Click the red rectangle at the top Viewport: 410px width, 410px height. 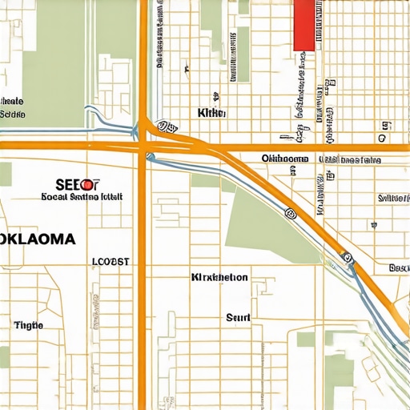click(x=304, y=24)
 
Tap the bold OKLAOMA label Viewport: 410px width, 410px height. click(x=38, y=239)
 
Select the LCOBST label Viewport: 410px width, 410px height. click(x=111, y=261)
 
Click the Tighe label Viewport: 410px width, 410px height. click(x=28, y=325)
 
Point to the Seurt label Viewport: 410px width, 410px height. click(x=238, y=318)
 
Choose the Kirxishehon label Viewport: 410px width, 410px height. click(x=219, y=277)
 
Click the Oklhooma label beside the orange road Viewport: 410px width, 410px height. click(x=284, y=159)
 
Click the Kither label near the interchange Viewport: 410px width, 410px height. click(x=211, y=114)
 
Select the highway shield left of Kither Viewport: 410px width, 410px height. click(x=167, y=126)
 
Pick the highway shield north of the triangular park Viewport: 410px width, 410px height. click(x=291, y=214)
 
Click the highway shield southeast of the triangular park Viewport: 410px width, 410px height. click(x=348, y=258)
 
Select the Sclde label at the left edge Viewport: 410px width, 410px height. click(x=12, y=115)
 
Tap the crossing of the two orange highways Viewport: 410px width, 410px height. click(x=143, y=146)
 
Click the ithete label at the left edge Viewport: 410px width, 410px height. click(x=12, y=102)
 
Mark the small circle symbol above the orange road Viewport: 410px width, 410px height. click(x=384, y=127)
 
